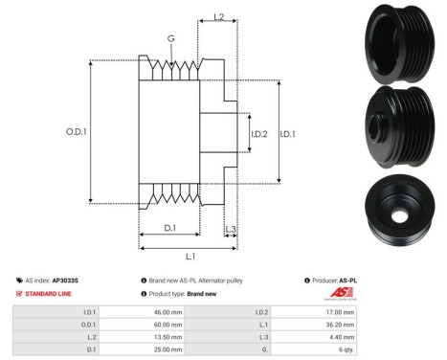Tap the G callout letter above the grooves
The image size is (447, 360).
(x=171, y=39)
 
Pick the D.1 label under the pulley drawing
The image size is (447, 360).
(x=169, y=227)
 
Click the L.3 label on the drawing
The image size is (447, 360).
(x=230, y=227)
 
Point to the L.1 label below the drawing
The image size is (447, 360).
(x=190, y=257)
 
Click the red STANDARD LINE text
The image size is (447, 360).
(x=49, y=294)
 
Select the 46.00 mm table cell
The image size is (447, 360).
(x=168, y=312)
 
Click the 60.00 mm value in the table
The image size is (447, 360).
(x=168, y=326)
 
